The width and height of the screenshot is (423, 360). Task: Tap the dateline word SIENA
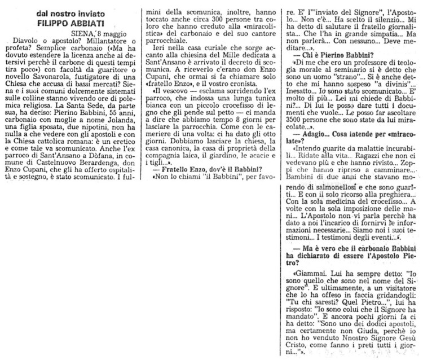[x=85, y=35]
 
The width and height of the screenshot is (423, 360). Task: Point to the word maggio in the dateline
[x=117, y=35]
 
